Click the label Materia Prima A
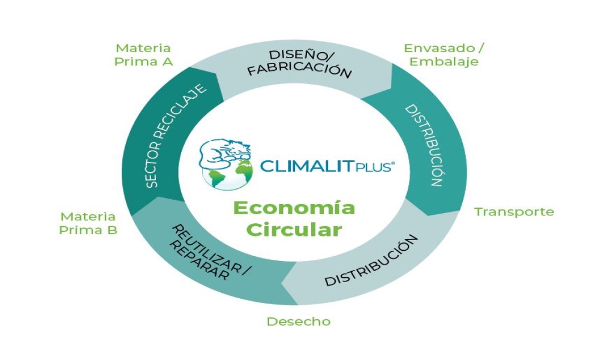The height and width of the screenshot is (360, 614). (x=143, y=54)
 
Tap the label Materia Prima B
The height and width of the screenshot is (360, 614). (x=88, y=223)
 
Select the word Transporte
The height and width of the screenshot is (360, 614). (x=514, y=212)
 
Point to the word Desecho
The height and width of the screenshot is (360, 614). (x=298, y=322)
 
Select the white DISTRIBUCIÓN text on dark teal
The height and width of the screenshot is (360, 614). (x=423, y=145)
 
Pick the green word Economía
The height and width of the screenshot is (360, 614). (x=294, y=208)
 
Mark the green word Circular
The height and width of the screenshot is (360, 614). (x=294, y=230)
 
